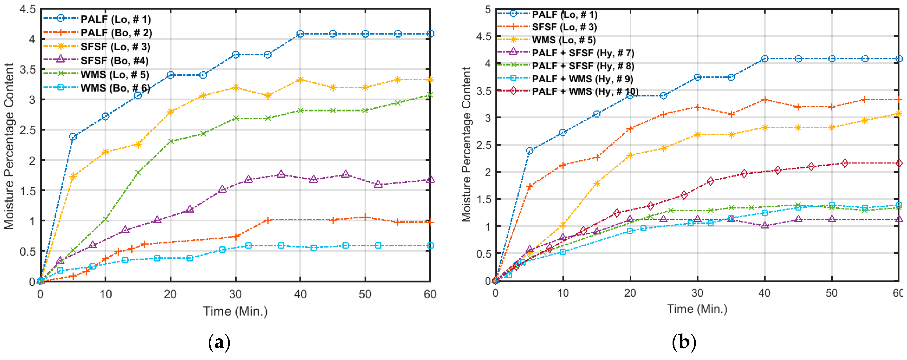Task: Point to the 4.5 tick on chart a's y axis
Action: [27, 9]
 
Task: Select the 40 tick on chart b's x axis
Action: [764, 293]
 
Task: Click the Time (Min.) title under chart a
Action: [235, 311]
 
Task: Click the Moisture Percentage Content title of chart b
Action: [466, 144]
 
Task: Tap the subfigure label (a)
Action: [219, 342]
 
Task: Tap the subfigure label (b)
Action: [684, 342]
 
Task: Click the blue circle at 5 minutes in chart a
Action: [73, 137]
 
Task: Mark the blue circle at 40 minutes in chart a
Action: [300, 34]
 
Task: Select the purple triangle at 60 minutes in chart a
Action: [430, 179]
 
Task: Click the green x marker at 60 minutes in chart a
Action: [430, 95]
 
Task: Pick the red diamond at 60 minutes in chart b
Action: [899, 163]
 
